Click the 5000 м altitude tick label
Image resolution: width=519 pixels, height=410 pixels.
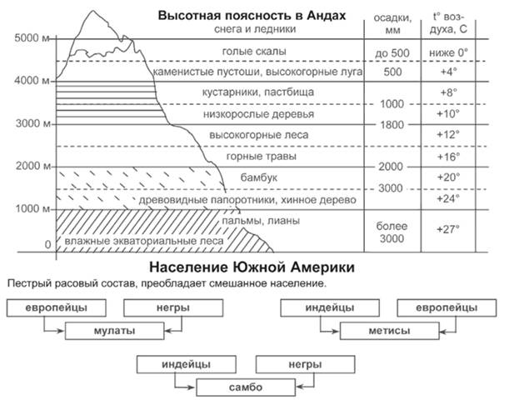[32, 38]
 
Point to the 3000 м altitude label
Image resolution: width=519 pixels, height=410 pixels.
[32, 123]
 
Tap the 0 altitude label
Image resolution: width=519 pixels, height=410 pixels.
[47, 245]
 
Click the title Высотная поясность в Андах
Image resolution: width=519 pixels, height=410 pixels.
[252, 16]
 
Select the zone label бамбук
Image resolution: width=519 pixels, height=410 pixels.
[259, 177]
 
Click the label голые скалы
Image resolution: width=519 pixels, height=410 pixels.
[254, 52]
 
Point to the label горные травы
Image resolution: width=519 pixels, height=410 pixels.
[261, 157]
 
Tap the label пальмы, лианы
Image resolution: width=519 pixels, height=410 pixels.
[261, 221]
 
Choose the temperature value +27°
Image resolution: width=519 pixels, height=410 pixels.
[448, 229]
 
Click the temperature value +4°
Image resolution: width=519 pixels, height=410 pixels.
[448, 72]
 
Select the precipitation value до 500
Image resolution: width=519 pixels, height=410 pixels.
[392, 53]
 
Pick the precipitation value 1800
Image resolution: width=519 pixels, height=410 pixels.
[392, 125]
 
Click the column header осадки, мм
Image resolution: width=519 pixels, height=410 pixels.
[392, 24]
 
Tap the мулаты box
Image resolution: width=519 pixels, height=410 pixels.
[114, 331]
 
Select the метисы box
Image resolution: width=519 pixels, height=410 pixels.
[390, 331]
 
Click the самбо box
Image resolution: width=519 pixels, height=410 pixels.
[246, 387]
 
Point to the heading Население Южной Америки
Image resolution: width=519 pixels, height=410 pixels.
[252, 267]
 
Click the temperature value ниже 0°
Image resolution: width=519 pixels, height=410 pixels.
[449, 52]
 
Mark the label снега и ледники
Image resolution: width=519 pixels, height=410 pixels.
[255, 29]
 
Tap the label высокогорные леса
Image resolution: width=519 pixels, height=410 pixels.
[259, 135]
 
